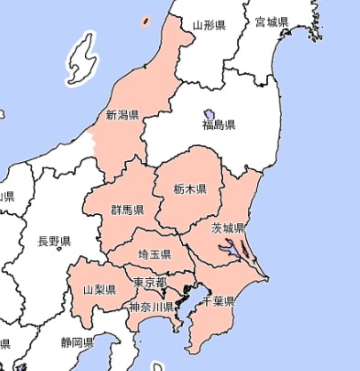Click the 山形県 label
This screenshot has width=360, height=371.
pos(209,25)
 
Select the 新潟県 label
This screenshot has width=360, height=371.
pos(122,115)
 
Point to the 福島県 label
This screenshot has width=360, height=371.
pos(218,125)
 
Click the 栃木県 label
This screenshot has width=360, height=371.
pos(190,190)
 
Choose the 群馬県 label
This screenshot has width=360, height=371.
pos(127,209)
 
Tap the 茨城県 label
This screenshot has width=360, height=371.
pos(228,228)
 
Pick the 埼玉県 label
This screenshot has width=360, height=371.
pos(154,255)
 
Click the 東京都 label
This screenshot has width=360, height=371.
pos(150,282)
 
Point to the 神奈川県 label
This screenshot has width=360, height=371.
pos(151,308)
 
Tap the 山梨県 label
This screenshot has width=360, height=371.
pos(99,290)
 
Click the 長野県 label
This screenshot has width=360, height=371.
pos(54,242)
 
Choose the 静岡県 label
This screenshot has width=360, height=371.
pos(77,343)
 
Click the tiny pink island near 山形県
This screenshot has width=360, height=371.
pos(146,21)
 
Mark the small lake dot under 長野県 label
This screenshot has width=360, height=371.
pos(59,249)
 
